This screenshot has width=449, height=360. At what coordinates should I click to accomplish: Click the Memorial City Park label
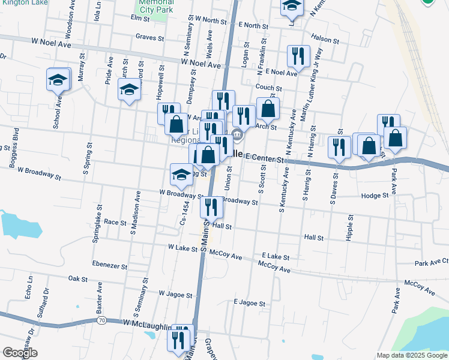click(156, 6)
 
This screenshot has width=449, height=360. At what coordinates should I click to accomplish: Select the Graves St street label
click(150, 37)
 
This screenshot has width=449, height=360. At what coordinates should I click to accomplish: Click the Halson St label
click(326, 40)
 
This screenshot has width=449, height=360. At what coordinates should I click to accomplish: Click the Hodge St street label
click(375, 196)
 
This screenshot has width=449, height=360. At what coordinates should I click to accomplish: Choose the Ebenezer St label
click(110, 265)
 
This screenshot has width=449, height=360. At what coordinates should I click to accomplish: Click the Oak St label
click(78, 278)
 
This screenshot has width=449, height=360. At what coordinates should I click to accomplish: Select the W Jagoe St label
click(175, 295)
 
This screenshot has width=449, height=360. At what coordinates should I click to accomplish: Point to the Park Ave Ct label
click(431, 262)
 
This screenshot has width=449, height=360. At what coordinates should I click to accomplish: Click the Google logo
click(20, 352)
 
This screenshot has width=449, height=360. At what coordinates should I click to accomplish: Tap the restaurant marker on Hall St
click(211, 207)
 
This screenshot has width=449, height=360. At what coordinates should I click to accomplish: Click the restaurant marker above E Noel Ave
click(298, 56)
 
